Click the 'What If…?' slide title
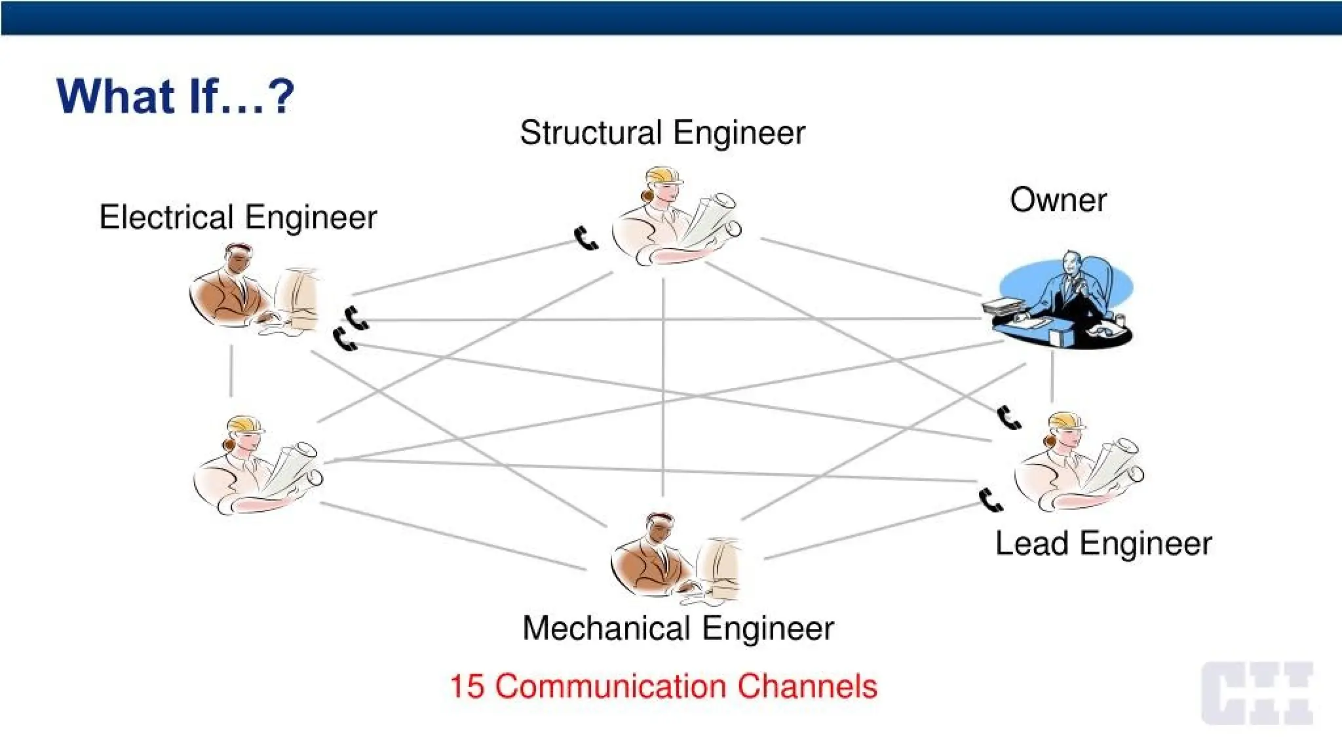pyautogui.click(x=175, y=96)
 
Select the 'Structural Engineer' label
pyautogui.click(x=662, y=132)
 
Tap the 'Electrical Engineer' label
pyautogui.click(x=238, y=217)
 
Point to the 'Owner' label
pyautogui.click(x=1058, y=200)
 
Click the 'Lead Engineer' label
pyautogui.click(x=1103, y=543)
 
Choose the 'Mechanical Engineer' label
pyautogui.click(x=678, y=628)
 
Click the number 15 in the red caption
pyautogui.click(x=467, y=686)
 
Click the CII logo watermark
pyautogui.click(x=1256, y=693)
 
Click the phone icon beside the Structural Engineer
pyautogui.click(x=585, y=239)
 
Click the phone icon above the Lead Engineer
pyautogui.click(x=1008, y=417)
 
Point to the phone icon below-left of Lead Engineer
pyautogui.click(x=990, y=500)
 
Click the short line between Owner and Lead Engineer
pyautogui.click(x=1052, y=377)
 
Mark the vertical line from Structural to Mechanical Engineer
pyautogui.click(x=663, y=387)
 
